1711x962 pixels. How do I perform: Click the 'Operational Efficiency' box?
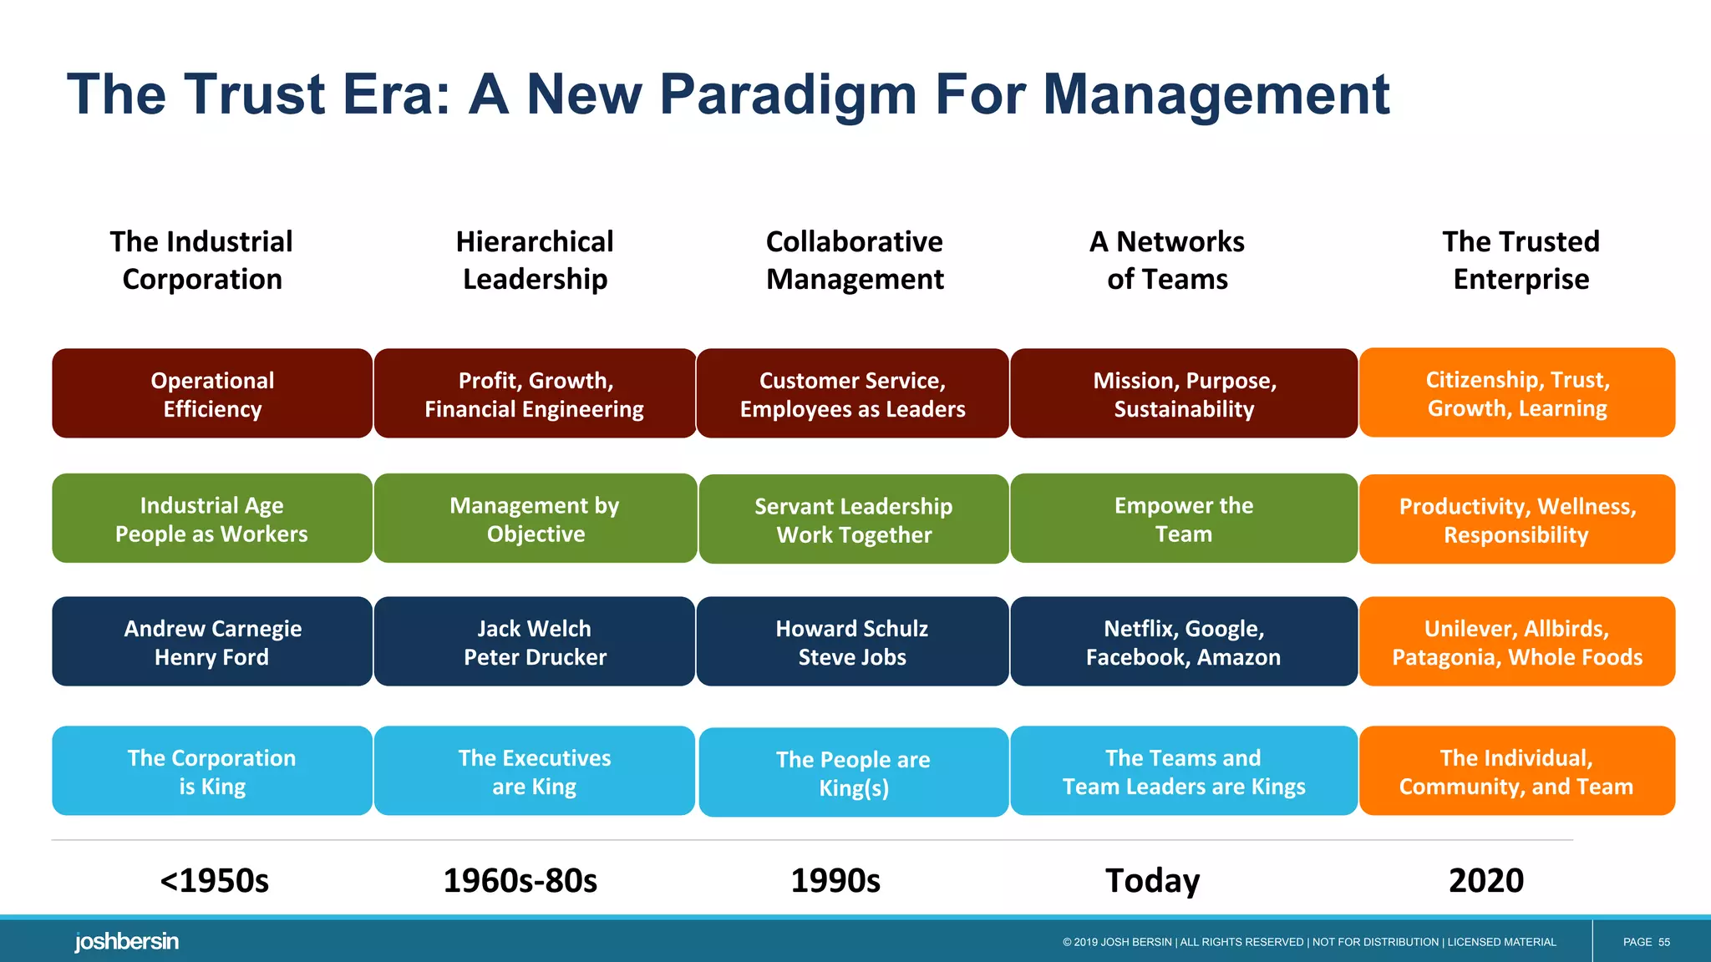[x=212, y=393]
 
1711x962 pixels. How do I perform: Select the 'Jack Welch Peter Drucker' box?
[x=535, y=641]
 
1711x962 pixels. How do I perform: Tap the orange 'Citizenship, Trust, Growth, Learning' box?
[x=1517, y=392]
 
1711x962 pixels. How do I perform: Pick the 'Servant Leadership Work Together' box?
[x=854, y=519]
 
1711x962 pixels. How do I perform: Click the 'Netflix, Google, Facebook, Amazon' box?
[x=1183, y=641]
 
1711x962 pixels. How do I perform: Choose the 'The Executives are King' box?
[x=535, y=771]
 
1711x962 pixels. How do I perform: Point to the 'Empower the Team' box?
[x=1183, y=519]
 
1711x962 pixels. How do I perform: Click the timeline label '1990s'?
[x=835, y=880]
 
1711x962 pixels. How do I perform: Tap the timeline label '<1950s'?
[x=215, y=880]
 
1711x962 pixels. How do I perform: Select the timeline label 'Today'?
[x=1152, y=880]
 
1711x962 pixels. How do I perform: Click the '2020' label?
[x=1486, y=880]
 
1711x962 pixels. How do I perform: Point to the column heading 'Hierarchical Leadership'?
[x=535, y=260]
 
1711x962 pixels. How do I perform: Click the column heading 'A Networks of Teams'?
[x=1167, y=260]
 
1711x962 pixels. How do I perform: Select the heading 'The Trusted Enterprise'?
[x=1521, y=260]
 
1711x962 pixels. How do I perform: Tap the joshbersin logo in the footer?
[x=126, y=941]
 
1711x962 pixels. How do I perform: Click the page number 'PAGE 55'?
[x=1646, y=942]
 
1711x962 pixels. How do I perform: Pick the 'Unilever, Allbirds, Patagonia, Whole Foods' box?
[x=1517, y=641]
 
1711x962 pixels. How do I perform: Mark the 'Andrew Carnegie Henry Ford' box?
[x=212, y=641]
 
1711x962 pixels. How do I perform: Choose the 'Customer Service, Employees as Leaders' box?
[x=852, y=393]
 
